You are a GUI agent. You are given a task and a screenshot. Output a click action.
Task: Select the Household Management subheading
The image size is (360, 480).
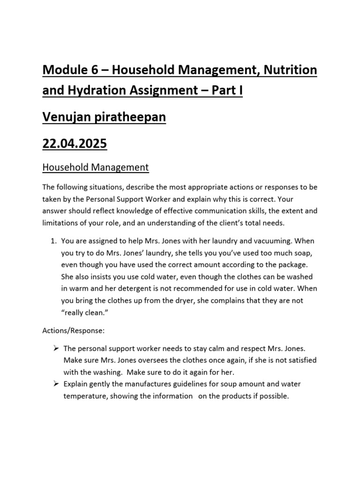(95, 167)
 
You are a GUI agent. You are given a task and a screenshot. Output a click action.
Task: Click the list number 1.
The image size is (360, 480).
(52, 241)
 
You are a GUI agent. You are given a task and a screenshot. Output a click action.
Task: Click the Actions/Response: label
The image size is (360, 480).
(74, 330)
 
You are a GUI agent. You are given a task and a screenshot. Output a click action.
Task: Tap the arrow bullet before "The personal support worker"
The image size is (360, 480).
(55, 349)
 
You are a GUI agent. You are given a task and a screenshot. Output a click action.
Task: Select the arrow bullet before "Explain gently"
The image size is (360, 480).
(55, 384)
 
